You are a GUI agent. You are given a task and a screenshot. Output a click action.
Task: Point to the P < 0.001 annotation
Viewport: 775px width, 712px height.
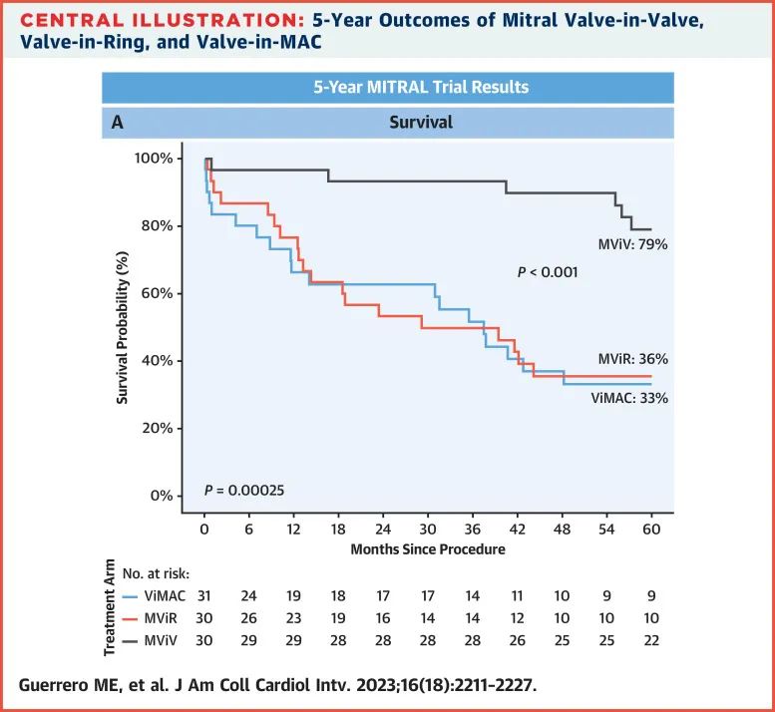pos(548,271)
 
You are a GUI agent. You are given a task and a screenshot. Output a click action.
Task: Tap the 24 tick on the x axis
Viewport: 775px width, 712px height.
pos(383,530)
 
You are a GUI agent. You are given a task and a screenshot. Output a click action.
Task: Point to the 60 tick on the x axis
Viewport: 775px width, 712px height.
pos(651,530)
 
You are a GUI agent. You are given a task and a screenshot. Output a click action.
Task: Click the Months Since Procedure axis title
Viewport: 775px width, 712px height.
pos(427,549)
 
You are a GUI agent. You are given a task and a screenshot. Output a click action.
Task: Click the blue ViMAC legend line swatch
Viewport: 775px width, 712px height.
pos(131,597)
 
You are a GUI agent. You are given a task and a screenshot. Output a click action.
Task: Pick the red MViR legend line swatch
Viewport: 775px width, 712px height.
pos(131,617)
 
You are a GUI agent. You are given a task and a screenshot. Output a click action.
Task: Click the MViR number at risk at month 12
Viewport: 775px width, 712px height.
pos(293,617)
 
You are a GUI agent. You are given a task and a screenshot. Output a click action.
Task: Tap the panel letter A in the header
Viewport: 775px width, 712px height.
pos(117,123)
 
